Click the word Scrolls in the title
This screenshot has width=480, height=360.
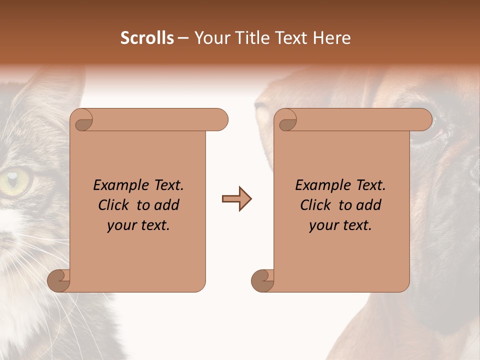(x=147, y=38)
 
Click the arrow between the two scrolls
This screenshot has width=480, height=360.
(x=236, y=199)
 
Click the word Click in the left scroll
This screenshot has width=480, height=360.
(x=113, y=205)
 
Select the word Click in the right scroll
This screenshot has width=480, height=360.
(x=315, y=205)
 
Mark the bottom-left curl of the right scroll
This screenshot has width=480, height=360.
(x=263, y=280)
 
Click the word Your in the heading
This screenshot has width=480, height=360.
(x=210, y=38)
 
